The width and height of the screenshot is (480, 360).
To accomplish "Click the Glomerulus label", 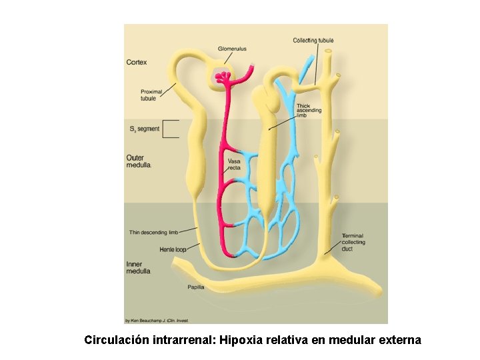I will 232,49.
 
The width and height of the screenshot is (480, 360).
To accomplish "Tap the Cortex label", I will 137,62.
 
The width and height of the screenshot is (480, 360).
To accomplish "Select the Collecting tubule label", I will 313,41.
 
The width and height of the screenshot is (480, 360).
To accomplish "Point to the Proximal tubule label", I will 149,95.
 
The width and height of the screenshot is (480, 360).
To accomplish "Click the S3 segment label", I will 144,129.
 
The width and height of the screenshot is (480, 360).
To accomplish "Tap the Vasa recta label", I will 234,165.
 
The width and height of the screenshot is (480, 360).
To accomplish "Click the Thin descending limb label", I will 153,233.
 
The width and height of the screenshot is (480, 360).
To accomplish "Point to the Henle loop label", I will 173,249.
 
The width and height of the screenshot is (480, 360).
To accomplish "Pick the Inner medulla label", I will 139,268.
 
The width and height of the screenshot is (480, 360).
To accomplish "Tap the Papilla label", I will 195,287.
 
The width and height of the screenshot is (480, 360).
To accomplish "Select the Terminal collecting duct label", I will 353,242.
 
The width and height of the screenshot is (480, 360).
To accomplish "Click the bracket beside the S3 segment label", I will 171,129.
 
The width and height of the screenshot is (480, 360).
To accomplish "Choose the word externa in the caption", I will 397,340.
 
